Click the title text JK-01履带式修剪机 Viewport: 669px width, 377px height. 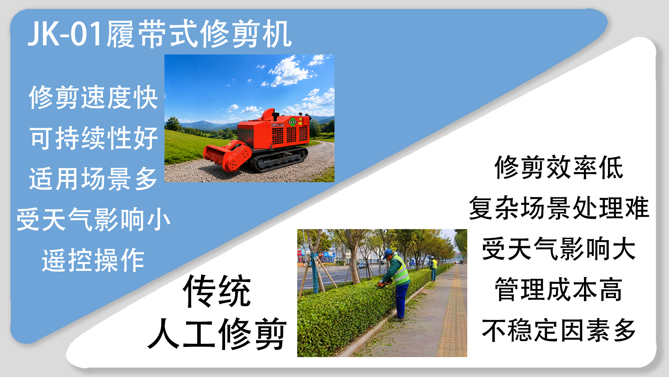(160, 34)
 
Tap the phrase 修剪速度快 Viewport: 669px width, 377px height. (93, 97)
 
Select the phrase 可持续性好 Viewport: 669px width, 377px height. (93, 138)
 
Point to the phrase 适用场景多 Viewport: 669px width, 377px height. (93, 179)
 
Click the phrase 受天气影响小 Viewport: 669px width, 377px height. (93, 220)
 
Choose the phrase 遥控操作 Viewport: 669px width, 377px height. (93, 260)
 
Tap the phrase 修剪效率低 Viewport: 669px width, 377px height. (559, 168)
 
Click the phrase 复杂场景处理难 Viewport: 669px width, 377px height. (559, 208)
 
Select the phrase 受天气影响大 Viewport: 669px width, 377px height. (559, 249)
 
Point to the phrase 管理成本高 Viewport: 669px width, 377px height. (559, 290)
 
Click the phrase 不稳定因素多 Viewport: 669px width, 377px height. (559, 331)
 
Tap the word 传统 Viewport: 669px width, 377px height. (217, 291)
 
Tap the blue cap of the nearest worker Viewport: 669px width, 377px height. (387, 253)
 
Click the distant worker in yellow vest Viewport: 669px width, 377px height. (433, 268)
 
